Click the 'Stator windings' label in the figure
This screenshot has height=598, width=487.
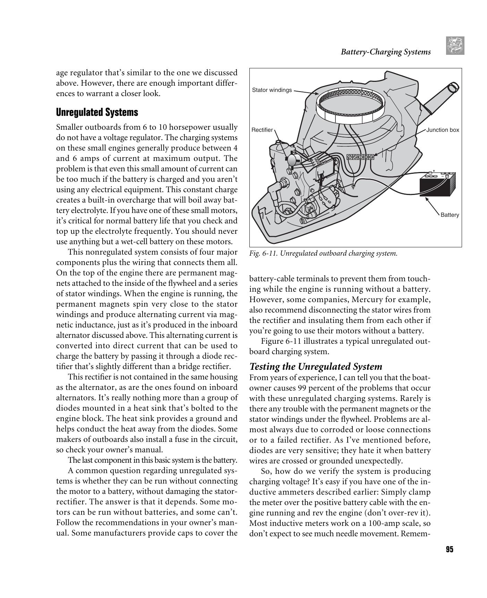[x=272, y=90]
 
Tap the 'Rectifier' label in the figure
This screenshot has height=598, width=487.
[x=262, y=130]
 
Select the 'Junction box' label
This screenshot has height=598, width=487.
[x=442, y=130]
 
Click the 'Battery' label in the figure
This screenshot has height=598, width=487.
[x=450, y=215]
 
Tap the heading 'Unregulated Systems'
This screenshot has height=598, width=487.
[x=97, y=112]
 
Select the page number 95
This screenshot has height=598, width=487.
[x=450, y=549]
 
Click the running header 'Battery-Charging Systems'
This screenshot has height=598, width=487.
[x=385, y=52]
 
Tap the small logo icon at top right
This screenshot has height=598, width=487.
[x=455, y=46]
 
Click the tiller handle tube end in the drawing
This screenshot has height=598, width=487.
[x=453, y=86]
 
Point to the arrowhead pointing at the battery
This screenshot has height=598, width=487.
[x=426, y=199]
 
